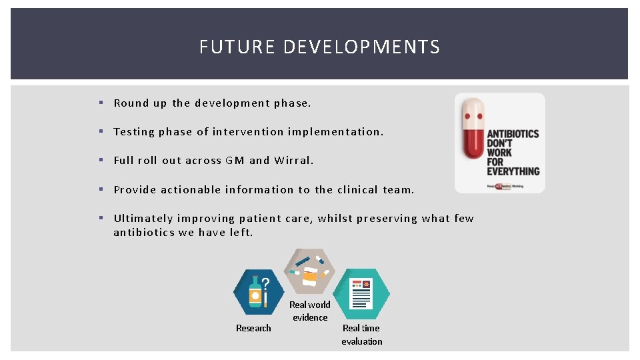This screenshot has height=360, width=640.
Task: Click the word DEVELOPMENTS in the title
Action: pyautogui.click(x=361, y=47)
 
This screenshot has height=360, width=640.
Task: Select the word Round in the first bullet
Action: pyautogui.click(x=131, y=103)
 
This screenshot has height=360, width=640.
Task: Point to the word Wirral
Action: pyautogui.click(x=293, y=161)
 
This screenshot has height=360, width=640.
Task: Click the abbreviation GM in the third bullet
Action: pyautogui.click(x=235, y=161)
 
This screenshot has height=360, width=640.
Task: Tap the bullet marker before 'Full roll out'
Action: pyautogui.click(x=100, y=161)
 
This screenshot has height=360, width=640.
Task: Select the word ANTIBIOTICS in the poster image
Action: pyautogui.click(x=513, y=134)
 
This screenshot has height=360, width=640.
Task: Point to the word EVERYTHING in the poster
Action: pyautogui.click(x=513, y=171)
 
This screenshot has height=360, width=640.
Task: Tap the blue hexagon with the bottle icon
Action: pyautogui.click(x=259, y=292)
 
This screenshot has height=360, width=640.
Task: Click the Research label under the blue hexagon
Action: pyautogui.click(x=253, y=328)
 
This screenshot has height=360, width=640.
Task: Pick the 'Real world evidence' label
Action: pyautogui.click(x=310, y=311)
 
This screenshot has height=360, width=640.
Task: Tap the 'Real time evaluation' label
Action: pyautogui.click(x=361, y=335)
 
